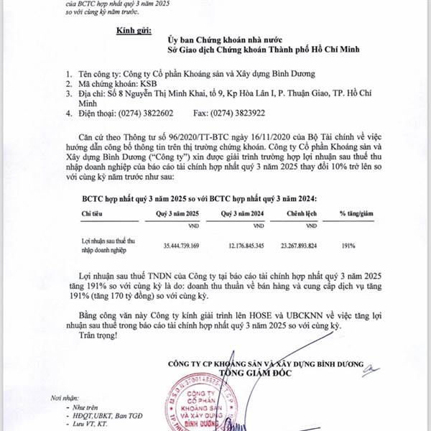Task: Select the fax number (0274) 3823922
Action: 244,113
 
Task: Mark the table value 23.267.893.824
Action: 305,246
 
